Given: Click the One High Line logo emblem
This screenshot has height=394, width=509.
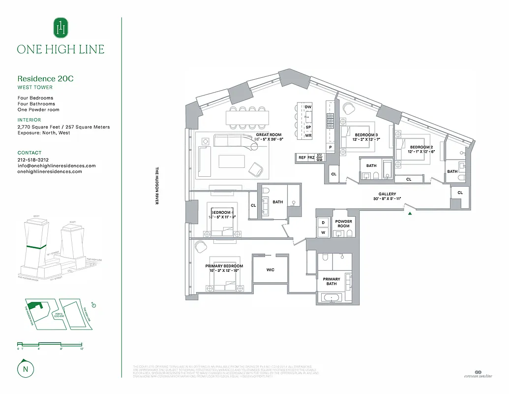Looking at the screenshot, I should click(60, 28).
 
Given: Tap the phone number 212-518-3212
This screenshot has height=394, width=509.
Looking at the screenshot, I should click(33, 160).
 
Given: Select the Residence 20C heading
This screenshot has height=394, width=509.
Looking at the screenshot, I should click(45, 79).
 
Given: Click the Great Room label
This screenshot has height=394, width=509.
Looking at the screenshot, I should click(269, 134).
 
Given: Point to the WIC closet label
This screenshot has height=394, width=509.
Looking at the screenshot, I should click(270, 270).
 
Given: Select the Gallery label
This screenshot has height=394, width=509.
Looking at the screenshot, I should click(387, 194).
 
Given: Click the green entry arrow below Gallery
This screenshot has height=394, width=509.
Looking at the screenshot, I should click(409, 213).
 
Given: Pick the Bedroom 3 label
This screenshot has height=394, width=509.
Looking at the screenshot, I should click(366, 135).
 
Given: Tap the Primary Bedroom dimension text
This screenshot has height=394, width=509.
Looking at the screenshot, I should click(224, 271).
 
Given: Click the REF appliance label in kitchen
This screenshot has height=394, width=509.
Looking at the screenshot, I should click(302, 158).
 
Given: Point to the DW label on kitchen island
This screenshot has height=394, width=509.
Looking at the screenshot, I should click(308, 107).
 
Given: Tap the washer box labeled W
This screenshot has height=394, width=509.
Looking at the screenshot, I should click(323, 232).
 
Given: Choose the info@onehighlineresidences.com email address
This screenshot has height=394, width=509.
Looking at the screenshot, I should click(56, 166).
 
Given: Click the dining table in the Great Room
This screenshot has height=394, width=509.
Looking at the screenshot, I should click(248, 118).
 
